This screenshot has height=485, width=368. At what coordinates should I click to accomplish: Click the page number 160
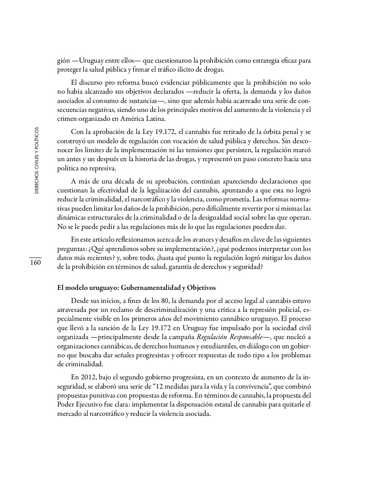tap(35, 263)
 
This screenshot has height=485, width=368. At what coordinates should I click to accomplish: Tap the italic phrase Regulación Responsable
tap(227, 337)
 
